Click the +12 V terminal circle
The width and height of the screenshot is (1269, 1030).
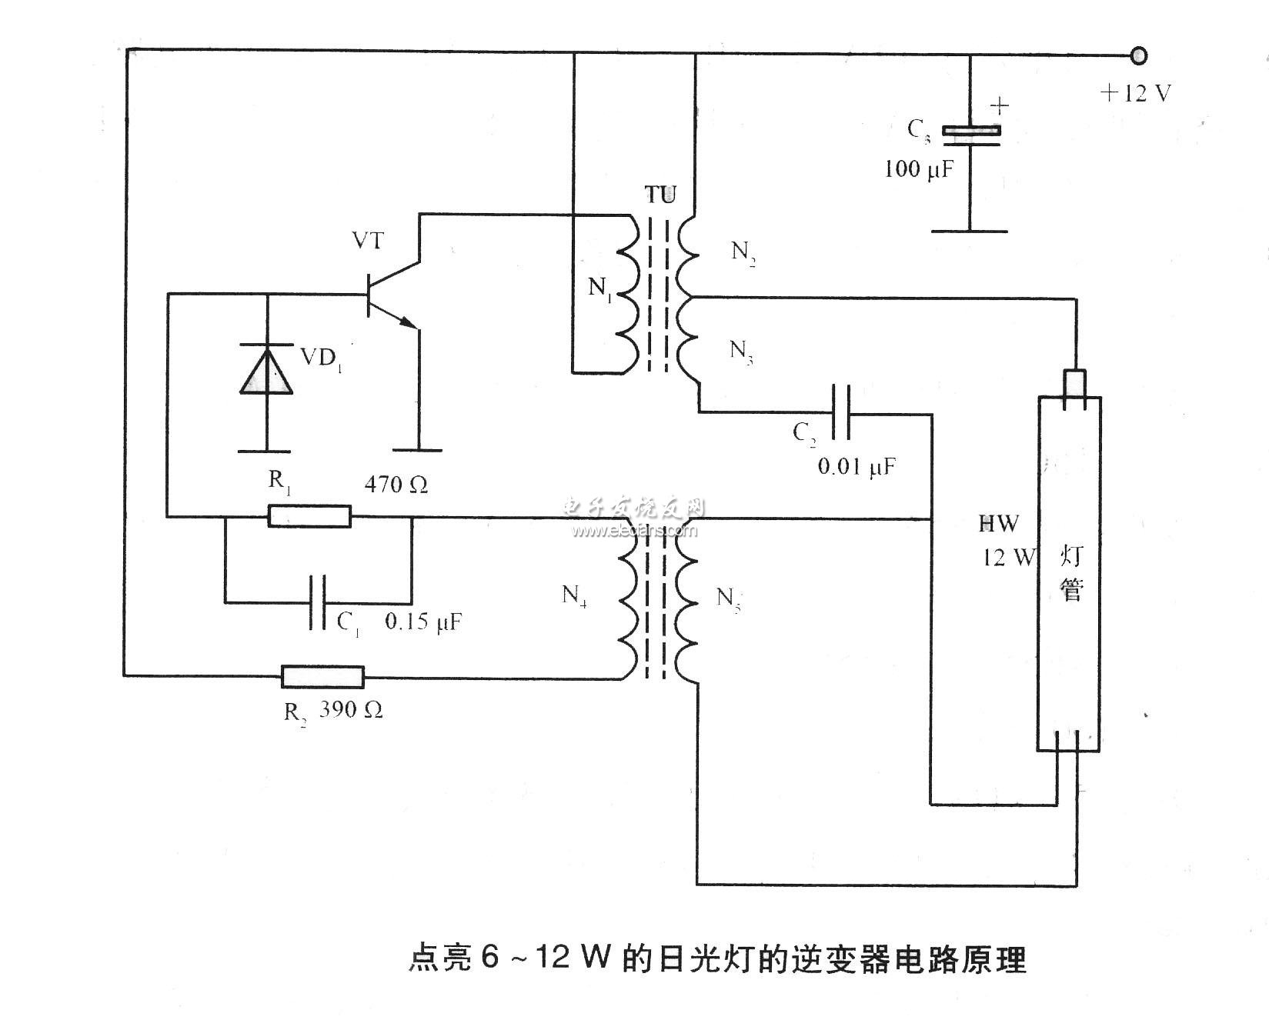[1138, 55]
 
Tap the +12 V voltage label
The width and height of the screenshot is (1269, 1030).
[1135, 94]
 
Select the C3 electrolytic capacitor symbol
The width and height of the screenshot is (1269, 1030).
[971, 134]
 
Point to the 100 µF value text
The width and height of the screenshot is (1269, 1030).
[919, 168]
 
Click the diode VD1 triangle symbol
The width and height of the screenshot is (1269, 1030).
[266, 371]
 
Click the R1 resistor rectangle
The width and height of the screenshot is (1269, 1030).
[309, 516]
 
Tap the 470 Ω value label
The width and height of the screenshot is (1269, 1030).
[396, 485]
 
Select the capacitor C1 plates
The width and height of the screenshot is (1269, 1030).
[317, 602]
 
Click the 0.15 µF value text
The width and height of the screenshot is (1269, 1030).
[422, 622]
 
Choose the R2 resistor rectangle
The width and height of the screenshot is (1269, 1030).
[322, 677]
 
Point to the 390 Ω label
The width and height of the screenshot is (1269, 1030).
[351, 710]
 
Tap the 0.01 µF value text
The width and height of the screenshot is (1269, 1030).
[857, 466]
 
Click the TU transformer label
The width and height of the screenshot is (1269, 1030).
[660, 195]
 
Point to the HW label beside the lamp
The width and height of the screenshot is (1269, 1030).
[998, 524]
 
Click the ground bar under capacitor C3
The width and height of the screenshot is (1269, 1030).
[969, 230]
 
